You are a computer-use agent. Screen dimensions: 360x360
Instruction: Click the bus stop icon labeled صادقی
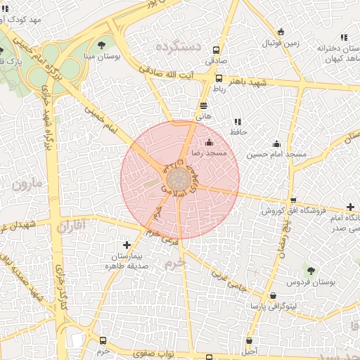[x=216, y=51]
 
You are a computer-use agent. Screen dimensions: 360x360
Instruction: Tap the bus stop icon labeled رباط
[x=219, y=79]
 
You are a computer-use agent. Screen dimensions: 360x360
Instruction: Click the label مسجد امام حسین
[x=276, y=153]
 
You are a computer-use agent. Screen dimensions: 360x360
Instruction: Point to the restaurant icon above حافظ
[x=238, y=122]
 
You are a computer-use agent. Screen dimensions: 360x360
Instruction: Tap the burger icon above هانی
[x=203, y=106]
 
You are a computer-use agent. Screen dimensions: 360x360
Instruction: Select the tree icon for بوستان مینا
[x=103, y=44]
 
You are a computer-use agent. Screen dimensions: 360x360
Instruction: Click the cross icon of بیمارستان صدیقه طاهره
[x=127, y=245]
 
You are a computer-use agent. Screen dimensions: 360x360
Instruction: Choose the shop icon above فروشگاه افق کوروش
[x=293, y=200]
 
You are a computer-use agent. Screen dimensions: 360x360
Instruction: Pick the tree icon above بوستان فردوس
[x=310, y=270]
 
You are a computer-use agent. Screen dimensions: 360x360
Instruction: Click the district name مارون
[x=27, y=186]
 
